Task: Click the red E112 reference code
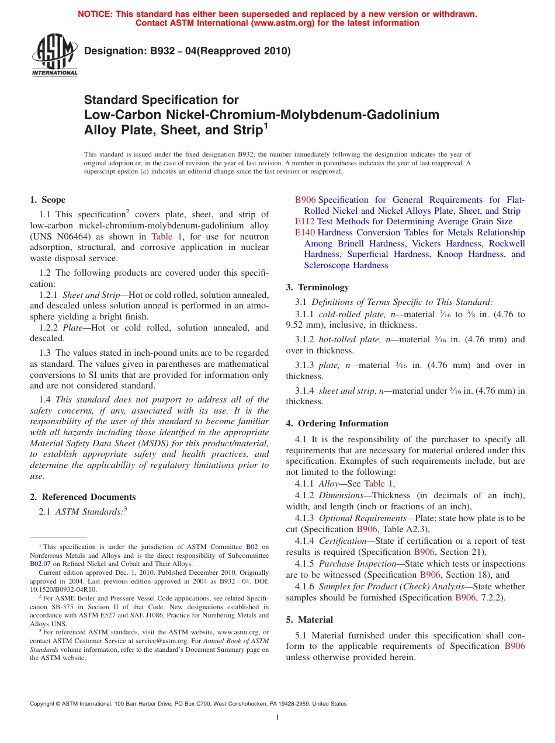click(x=304, y=221)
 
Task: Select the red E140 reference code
click(x=304, y=232)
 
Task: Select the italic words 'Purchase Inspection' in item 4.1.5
click(x=355, y=564)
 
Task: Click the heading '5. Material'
click(x=310, y=620)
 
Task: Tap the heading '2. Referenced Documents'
click(x=83, y=497)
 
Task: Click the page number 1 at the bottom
click(x=277, y=718)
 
